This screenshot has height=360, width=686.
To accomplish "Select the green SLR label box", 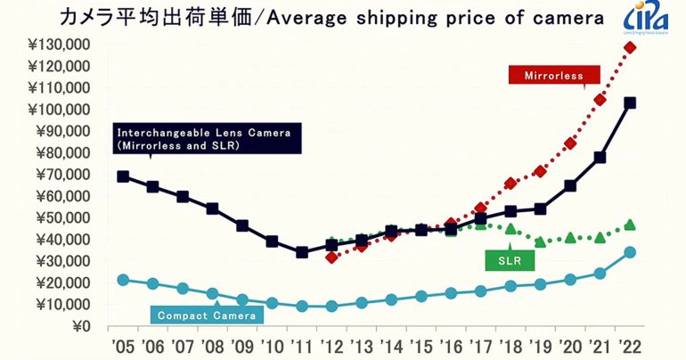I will pos(510,260).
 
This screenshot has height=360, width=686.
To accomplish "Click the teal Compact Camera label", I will pos(206,314).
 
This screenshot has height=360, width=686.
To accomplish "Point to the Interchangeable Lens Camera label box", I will pos(208,139).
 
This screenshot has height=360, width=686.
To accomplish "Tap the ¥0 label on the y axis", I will pos(81,326).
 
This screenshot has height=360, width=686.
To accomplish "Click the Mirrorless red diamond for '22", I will pos(630,47).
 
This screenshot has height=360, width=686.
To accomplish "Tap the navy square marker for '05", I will pos(123,176).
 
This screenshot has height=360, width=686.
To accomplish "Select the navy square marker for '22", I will pos(630,102).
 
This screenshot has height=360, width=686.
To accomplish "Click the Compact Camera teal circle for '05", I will pos(123,280).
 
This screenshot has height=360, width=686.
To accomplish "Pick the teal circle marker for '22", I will pos(630,252).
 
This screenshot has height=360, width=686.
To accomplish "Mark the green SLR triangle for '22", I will pos(630,225).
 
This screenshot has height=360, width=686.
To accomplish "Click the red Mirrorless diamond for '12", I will pos(331,258).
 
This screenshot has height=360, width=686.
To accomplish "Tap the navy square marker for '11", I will pos(302,252).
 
